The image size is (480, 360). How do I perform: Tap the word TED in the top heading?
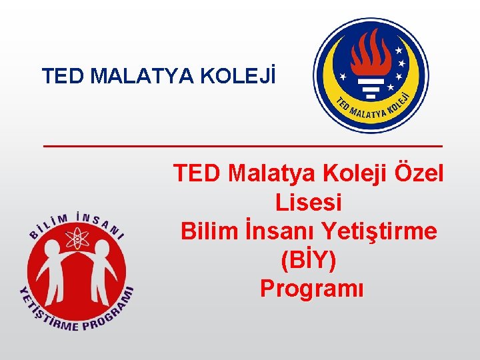[x=63, y=76]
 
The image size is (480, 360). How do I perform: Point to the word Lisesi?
[x=308, y=202]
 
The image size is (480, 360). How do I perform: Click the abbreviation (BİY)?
[x=309, y=260]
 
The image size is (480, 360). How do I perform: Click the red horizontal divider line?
[x=243, y=145]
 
